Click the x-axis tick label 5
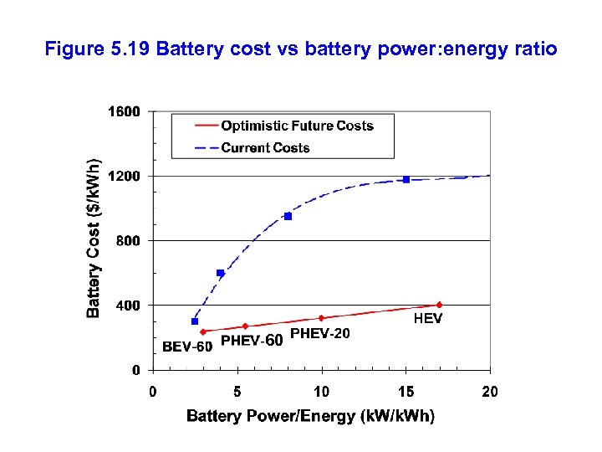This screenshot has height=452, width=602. pos(237,391)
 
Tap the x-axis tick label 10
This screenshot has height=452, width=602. pos(321,391)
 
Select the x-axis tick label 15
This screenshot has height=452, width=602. pos(406,391)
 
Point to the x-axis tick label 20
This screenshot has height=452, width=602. pos(490,391)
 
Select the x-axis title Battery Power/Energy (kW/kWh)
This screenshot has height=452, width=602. pos(310,416)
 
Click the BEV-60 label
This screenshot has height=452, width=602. pos(186,347)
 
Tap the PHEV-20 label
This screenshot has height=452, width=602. pos(319,334)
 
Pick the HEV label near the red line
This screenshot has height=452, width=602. pos(428,319)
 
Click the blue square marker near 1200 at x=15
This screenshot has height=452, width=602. pos(406,179)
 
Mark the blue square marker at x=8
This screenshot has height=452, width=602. pos(288,216)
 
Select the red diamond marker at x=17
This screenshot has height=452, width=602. pos(439,305)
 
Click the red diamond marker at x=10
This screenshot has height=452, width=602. pos(321,318)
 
